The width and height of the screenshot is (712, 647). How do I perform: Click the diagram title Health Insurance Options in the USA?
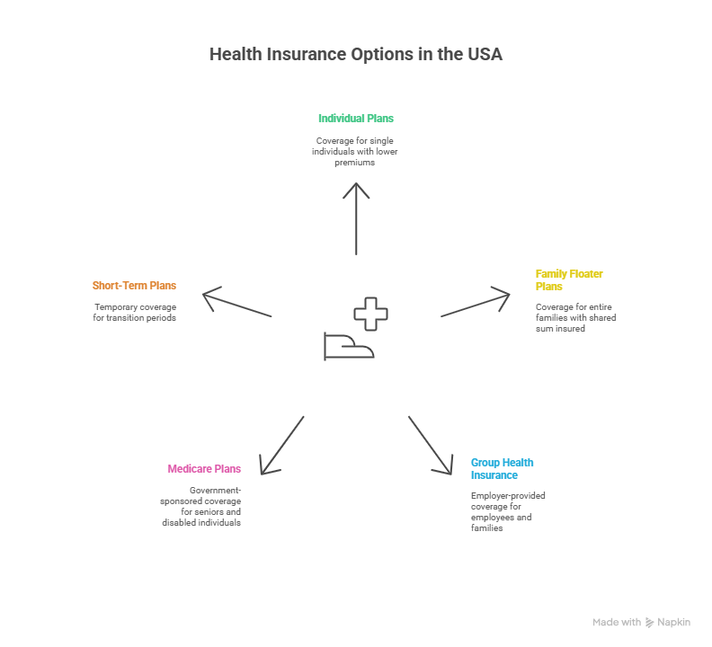[x=355, y=55]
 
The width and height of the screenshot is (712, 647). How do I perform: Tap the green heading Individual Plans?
[x=355, y=119]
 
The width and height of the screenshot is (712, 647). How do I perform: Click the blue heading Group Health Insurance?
[x=502, y=468]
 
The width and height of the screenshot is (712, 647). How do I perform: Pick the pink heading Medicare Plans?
[x=204, y=469]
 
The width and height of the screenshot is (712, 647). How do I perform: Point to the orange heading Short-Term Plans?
[x=134, y=286]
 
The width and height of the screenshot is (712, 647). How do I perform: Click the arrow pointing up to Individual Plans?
[x=357, y=218]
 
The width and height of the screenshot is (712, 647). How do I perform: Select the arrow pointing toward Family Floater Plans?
[x=475, y=303]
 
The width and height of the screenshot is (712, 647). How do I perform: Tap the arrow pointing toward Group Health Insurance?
[x=431, y=445]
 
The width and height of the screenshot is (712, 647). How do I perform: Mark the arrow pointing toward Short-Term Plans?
[x=237, y=303]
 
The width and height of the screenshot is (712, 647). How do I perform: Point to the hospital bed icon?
[x=348, y=347]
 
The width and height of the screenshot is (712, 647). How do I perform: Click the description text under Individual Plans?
[x=355, y=151]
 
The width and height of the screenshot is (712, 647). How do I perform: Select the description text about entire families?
[x=575, y=317]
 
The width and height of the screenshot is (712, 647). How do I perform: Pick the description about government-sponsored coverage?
[x=203, y=506]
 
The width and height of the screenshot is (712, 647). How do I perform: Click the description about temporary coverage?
[x=134, y=313]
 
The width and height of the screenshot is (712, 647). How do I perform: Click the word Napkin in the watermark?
[x=673, y=623]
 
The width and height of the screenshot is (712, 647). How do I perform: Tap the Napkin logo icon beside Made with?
[x=650, y=623]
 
